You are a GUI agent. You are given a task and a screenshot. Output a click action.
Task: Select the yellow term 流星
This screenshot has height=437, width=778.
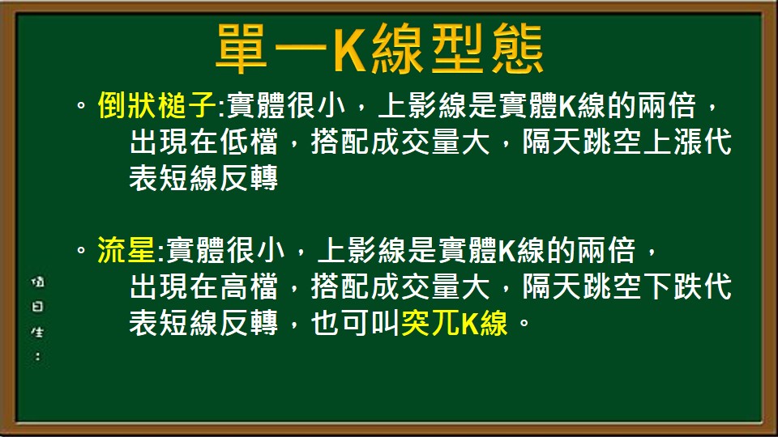point(126,252)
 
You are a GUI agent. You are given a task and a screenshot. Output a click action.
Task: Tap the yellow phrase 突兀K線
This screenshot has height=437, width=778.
point(455,324)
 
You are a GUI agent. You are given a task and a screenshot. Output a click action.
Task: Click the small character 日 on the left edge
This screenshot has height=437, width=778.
point(37,308)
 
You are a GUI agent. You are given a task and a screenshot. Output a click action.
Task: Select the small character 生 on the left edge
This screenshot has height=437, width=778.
point(37,332)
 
